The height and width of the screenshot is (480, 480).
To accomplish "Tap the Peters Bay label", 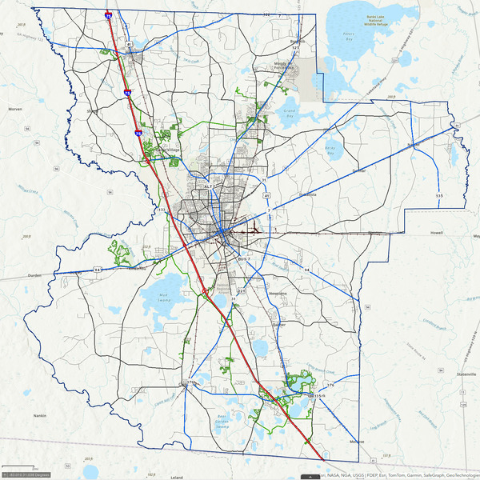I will tap(348, 36).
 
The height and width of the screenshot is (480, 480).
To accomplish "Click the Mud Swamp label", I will tap(165, 296).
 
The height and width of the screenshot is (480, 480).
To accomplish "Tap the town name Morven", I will tap(13, 108).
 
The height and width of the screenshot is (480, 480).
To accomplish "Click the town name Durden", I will tap(34, 274).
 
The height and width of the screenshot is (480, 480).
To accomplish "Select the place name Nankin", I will tap(39, 416).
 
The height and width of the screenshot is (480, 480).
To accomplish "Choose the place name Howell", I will tap(437, 233).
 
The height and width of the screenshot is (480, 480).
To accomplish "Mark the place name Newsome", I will tap(278, 294).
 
